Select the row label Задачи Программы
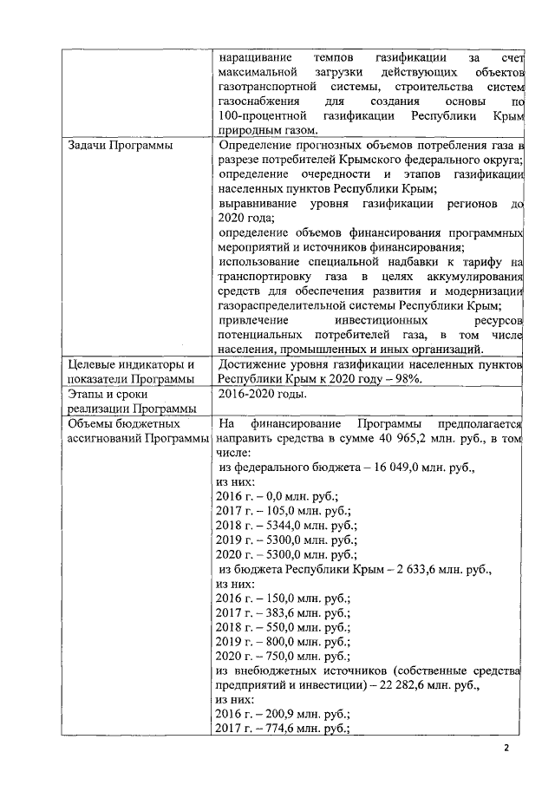tap(120, 145)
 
